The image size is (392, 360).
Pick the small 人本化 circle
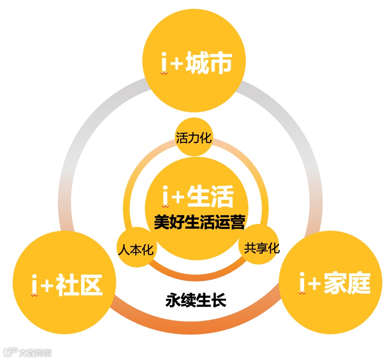(136, 248)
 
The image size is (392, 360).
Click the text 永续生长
(196, 301)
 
